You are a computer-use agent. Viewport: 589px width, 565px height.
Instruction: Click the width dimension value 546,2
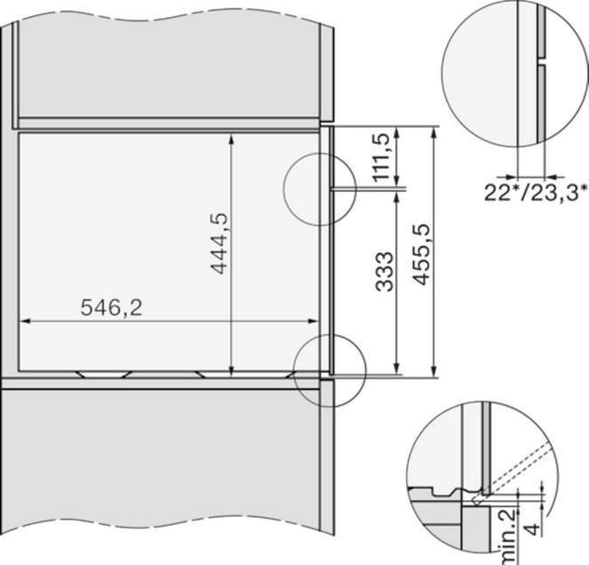tap(111, 307)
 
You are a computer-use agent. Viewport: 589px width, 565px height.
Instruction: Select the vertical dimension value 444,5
tap(218, 243)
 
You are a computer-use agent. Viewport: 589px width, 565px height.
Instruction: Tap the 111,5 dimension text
tap(382, 157)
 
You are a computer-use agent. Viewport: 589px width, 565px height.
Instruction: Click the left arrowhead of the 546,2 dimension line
tap(24, 322)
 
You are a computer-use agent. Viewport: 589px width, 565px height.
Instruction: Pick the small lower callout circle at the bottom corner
tap(330, 370)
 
